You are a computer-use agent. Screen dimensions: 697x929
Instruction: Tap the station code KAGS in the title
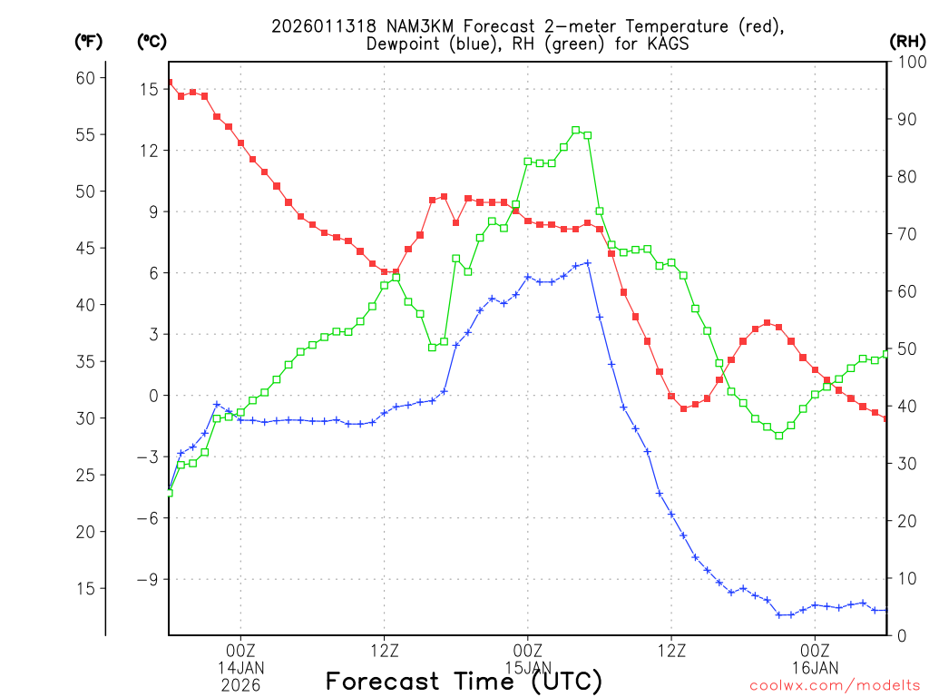(x=669, y=44)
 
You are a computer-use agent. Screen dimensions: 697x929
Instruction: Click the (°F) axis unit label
(x=88, y=41)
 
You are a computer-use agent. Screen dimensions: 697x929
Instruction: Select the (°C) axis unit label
(x=152, y=41)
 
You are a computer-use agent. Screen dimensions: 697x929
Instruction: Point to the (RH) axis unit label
(x=906, y=41)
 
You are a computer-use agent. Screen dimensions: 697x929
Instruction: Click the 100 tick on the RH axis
(x=907, y=62)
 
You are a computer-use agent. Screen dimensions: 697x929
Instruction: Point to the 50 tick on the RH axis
(x=904, y=348)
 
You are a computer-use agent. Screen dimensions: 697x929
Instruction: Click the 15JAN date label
(x=527, y=668)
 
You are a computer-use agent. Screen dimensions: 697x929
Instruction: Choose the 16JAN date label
(x=815, y=668)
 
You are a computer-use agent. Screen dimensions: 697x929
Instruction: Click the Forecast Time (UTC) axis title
(x=464, y=682)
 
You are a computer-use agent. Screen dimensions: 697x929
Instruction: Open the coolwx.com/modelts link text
(x=835, y=685)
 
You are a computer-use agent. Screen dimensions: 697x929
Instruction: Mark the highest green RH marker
(x=575, y=130)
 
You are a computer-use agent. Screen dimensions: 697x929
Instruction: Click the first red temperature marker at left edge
(x=169, y=83)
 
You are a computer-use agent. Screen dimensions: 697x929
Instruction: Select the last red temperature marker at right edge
(x=886, y=418)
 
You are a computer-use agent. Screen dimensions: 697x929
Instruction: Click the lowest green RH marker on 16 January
(x=778, y=436)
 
